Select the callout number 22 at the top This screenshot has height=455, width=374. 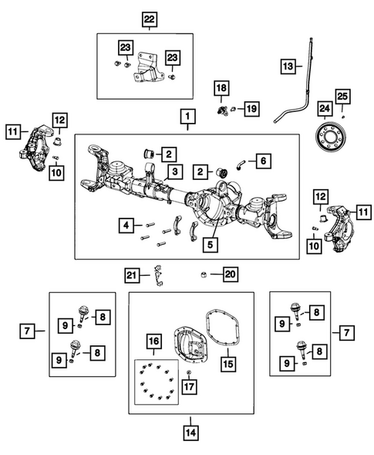[147, 18]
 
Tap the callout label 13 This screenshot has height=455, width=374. [287, 68]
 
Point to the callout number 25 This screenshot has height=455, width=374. [342, 96]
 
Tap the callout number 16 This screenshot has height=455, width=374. [154, 341]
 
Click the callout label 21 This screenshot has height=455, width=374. [133, 273]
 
